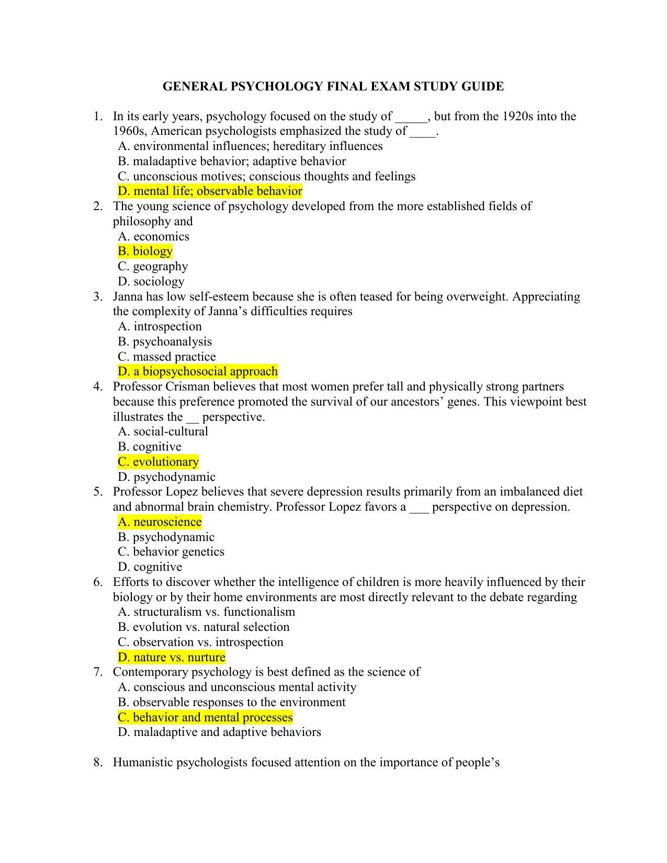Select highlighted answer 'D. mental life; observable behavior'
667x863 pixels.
pyautogui.click(x=210, y=191)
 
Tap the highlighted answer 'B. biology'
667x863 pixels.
pyautogui.click(x=145, y=251)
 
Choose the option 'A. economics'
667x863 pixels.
pyautogui.click(x=153, y=236)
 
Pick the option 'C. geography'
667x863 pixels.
pyautogui.click(x=153, y=267)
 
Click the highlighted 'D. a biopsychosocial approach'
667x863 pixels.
pyautogui.click(x=198, y=372)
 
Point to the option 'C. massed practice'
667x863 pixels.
pyautogui.click(x=167, y=356)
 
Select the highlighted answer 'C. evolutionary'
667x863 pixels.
pyautogui.click(x=158, y=462)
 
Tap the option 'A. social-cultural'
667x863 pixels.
pyautogui.click(x=163, y=432)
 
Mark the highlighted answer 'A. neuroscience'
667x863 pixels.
pyautogui.click(x=160, y=522)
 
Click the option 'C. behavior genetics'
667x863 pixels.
pyautogui.click(x=171, y=552)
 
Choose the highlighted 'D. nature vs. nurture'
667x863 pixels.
pyautogui.click(x=172, y=658)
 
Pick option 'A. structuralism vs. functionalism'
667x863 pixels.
pyautogui.click(x=206, y=612)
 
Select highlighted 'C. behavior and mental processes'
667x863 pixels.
pyautogui.click(x=205, y=718)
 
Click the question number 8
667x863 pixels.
pyautogui.click(x=97, y=763)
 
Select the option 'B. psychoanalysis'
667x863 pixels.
pyautogui.click(x=165, y=342)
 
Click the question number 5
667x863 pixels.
pyautogui.click(x=97, y=492)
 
